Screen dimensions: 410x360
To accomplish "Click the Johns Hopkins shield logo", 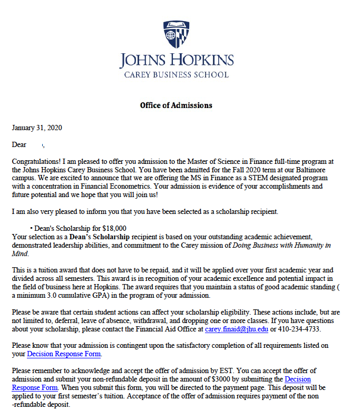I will (176, 34).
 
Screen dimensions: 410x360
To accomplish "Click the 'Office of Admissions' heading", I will (176, 105).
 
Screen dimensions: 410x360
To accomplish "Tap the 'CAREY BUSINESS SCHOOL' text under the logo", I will (176, 75).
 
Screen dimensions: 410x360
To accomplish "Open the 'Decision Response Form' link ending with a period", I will (63, 354).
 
